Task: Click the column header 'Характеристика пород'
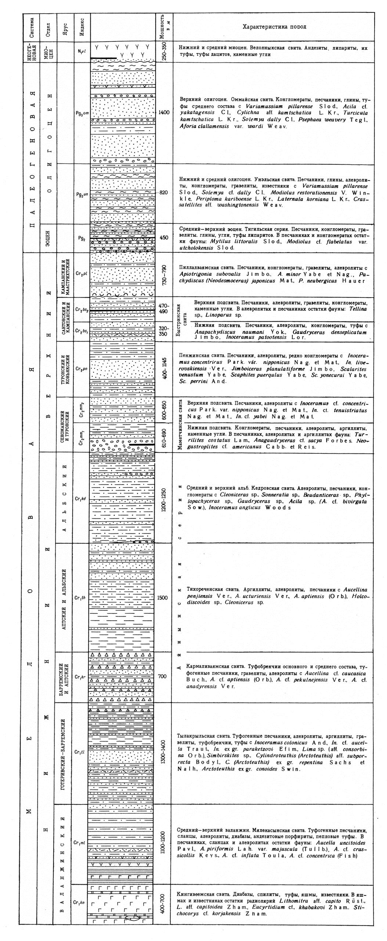click(x=274, y=27)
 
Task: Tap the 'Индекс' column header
click(x=82, y=26)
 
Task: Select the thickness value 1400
click(x=164, y=113)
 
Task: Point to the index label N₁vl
click(x=82, y=51)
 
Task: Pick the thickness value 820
click(x=164, y=193)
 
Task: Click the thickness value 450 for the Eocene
click(x=164, y=237)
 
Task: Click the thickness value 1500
click(x=162, y=598)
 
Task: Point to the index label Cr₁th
click(x=80, y=598)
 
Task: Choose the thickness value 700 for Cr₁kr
click(x=162, y=676)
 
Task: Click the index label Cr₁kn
click(x=79, y=902)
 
